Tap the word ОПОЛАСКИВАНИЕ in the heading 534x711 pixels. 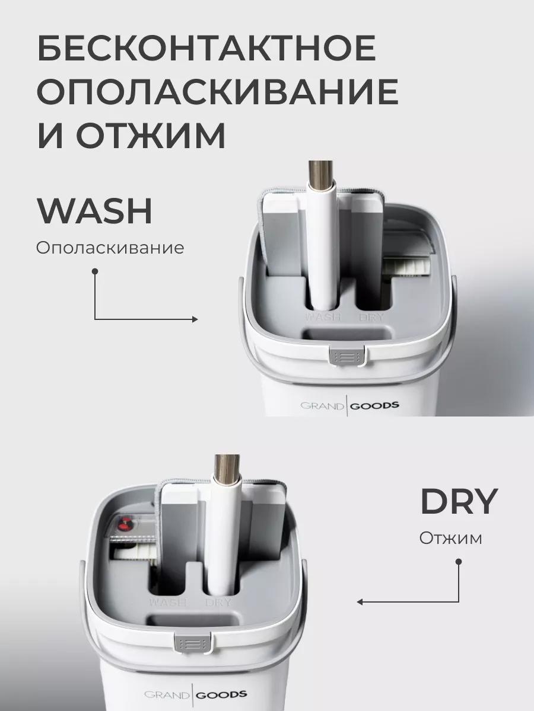click(218, 91)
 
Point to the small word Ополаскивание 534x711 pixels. click(110, 248)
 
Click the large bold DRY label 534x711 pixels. click(459, 501)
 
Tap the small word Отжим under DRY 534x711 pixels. click(450, 539)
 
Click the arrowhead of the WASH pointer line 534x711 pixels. click(195, 319)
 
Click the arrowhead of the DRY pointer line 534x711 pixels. click(360, 602)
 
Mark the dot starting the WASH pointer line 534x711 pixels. click(95, 271)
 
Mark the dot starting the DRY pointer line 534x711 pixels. click(459, 562)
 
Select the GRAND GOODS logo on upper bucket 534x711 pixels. click(349, 405)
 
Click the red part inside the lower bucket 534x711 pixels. click(125, 526)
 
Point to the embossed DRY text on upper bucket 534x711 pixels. click(371, 317)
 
